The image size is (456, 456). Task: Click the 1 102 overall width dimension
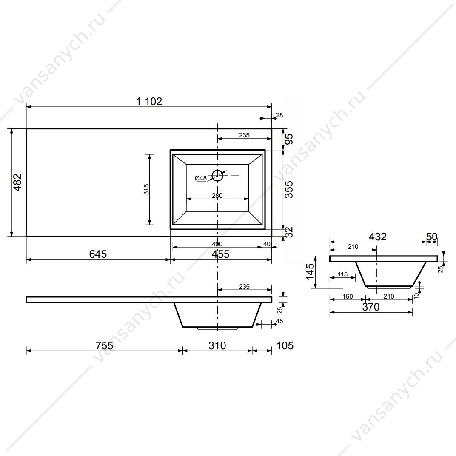(149, 101)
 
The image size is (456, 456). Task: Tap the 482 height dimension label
(17, 182)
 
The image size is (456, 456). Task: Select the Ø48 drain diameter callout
(201, 178)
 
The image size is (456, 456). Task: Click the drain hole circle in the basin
(217, 175)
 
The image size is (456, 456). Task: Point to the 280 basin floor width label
(217, 195)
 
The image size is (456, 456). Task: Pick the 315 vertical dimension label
(146, 189)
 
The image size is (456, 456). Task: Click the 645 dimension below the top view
(98, 254)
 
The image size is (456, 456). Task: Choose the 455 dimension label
(220, 254)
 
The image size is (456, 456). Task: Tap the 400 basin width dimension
(217, 244)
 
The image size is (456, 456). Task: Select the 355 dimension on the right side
(289, 190)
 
